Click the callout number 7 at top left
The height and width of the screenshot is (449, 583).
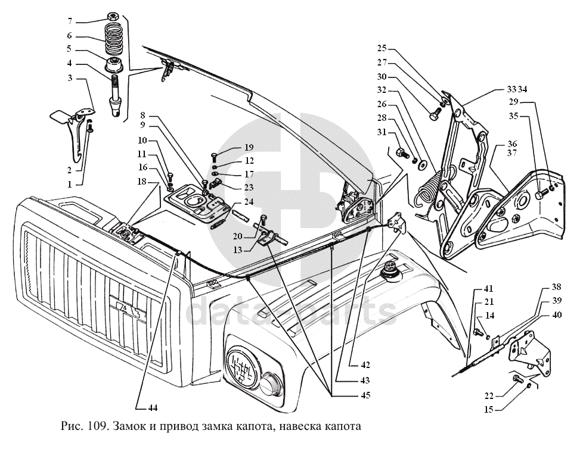click(70, 21)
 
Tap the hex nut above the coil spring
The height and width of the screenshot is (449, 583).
click(112, 16)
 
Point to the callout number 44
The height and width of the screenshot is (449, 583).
click(153, 407)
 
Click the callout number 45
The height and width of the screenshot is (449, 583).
click(365, 395)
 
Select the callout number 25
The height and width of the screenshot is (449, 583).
click(382, 48)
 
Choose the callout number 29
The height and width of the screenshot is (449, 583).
click(513, 102)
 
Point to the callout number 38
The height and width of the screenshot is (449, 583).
click(556, 286)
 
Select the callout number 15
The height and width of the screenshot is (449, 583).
click(489, 409)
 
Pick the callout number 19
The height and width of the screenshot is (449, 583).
click(249, 148)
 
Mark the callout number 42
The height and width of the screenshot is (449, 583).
click(365, 365)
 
